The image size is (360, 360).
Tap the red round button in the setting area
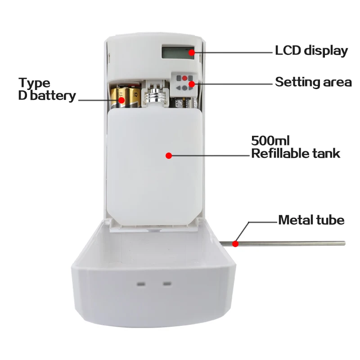[x=184, y=77]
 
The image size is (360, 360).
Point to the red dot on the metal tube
[x=235, y=243]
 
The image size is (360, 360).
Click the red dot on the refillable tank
[x=169, y=156]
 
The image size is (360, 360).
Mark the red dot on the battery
[x=121, y=100]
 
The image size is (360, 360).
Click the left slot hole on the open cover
[x=141, y=284]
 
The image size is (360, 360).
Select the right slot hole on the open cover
[x=167, y=284]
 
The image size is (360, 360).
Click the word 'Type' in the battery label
[x=34, y=83]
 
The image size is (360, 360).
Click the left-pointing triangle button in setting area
[x=179, y=88]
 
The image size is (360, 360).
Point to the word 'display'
[x=326, y=50]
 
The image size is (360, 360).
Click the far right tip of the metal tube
[x=344, y=243]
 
